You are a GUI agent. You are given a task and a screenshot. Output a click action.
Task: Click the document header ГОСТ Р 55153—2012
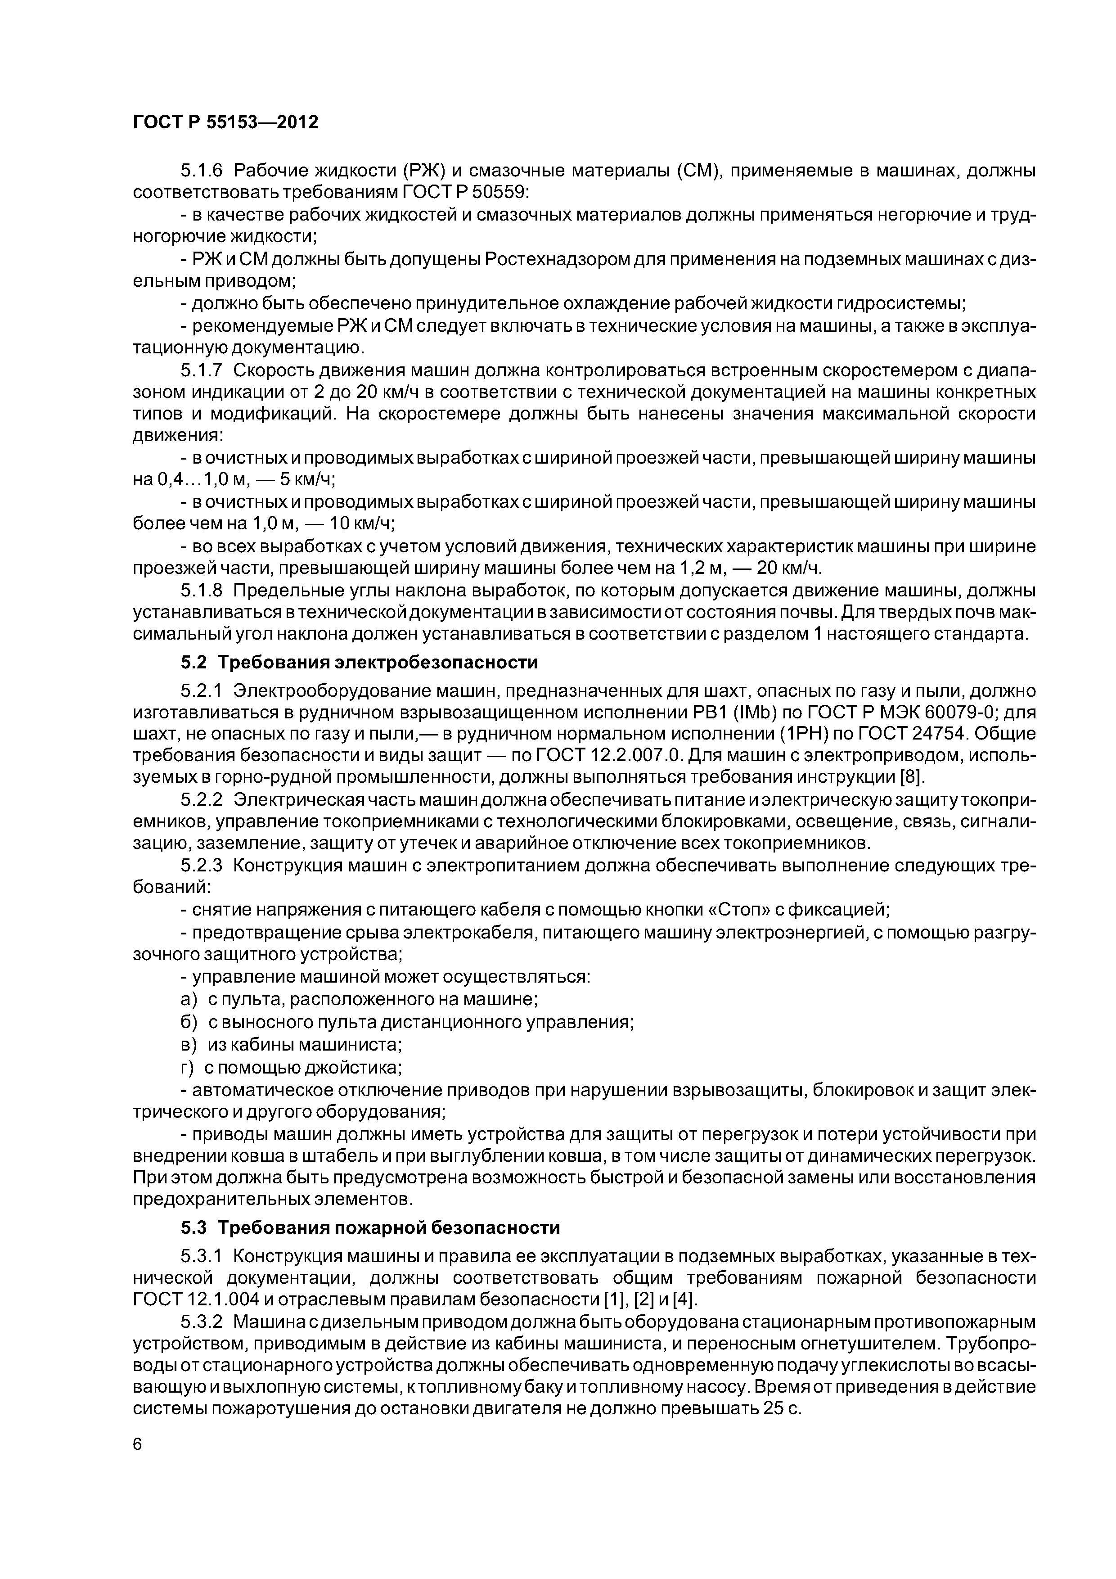tap(225, 122)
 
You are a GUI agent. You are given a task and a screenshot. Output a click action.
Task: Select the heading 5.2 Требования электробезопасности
tap(359, 662)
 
